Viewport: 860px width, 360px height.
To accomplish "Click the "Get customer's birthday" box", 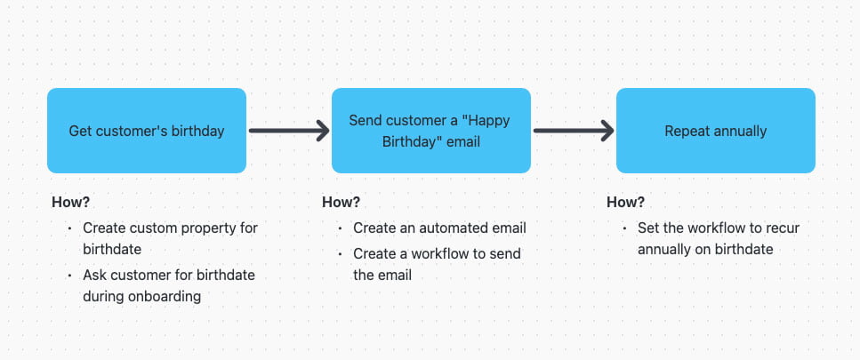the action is click(x=147, y=131).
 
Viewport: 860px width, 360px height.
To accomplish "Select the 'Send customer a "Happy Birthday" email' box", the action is click(x=431, y=131).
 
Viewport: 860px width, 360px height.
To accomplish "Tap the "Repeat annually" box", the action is click(x=716, y=131).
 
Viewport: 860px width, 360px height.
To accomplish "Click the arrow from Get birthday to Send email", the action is click(x=289, y=131).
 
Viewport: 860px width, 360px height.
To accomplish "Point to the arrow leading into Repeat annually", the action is click(x=574, y=131).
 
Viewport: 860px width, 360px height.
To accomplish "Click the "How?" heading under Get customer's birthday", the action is click(x=70, y=202).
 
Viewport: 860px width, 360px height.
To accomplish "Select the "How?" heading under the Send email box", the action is click(x=341, y=202).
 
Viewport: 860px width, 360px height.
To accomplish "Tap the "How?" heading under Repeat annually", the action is click(x=625, y=202).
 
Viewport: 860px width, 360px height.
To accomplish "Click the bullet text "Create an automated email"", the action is click(x=439, y=228).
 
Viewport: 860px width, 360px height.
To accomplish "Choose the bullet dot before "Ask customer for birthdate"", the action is click(x=69, y=275).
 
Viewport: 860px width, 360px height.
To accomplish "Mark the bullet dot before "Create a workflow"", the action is click(x=340, y=253).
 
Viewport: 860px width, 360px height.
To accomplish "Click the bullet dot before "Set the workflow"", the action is click(x=624, y=228).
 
